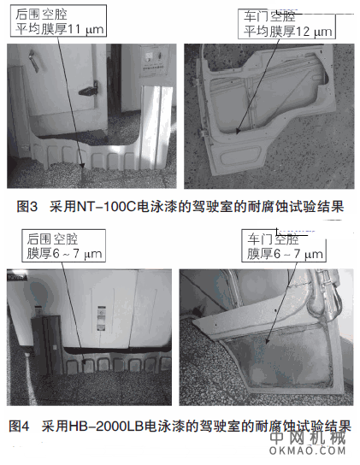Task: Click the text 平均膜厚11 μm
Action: pyautogui.click(x=59, y=31)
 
